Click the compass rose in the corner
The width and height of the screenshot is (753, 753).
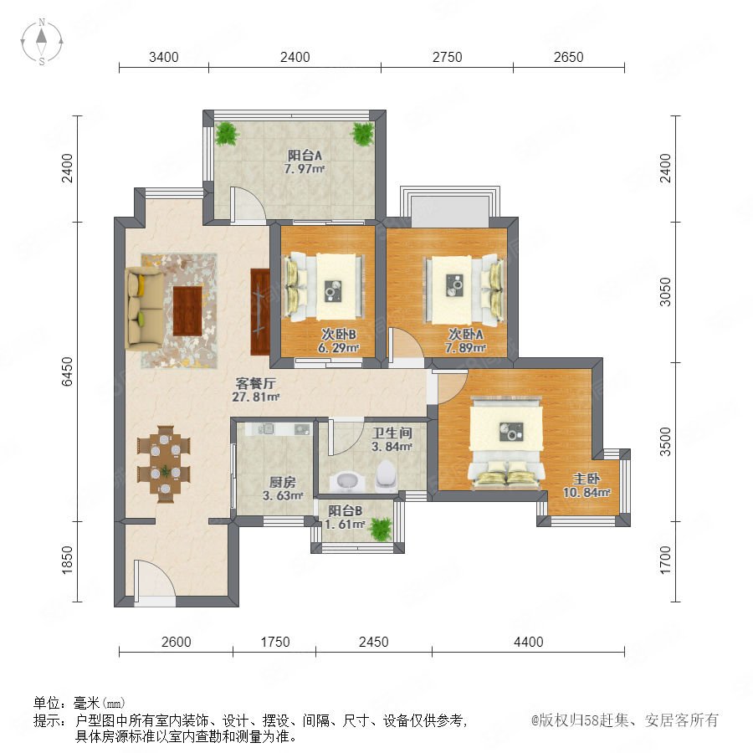(42, 41)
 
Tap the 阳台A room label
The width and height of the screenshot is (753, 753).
(305, 155)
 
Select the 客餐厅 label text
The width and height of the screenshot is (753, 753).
(255, 383)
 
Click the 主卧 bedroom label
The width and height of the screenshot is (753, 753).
(587, 479)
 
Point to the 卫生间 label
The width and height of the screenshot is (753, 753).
(392, 433)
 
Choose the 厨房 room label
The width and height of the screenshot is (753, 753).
(283, 482)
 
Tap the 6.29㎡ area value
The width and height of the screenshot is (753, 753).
(339, 348)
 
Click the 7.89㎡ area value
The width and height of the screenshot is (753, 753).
(465, 348)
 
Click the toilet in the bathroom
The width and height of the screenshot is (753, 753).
(386, 475)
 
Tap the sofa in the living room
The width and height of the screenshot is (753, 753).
(144, 309)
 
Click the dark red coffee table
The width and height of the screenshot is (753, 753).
(187, 310)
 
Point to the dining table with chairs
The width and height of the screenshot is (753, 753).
(164, 464)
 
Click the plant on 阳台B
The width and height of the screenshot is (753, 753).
(382, 529)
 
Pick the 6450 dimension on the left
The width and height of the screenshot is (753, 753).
(67, 371)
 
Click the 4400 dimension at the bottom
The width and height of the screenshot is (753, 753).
(528, 642)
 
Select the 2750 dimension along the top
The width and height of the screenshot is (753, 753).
(447, 57)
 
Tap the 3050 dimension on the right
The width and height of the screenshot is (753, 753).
(665, 292)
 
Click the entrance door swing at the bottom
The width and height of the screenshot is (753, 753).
(155, 579)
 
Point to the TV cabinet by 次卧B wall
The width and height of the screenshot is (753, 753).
(261, 312)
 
